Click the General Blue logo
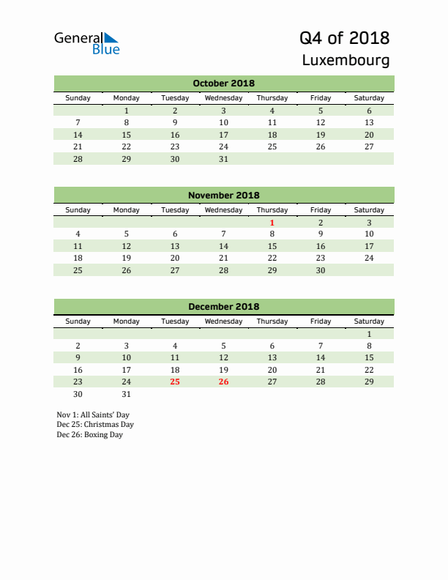86,42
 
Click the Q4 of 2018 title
344,38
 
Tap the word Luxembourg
346,60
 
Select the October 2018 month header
223,83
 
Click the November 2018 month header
223,196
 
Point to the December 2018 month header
223,307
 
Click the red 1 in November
272,223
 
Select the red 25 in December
175,382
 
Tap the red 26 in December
223,382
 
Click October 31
223,159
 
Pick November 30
321,270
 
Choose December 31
127,394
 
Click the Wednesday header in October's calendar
223,98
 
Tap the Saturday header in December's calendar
369,321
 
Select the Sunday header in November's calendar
78,210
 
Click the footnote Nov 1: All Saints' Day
93,414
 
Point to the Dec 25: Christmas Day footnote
95,425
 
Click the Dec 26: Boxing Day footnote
89,435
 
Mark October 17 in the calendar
223,135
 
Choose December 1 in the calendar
369,334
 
